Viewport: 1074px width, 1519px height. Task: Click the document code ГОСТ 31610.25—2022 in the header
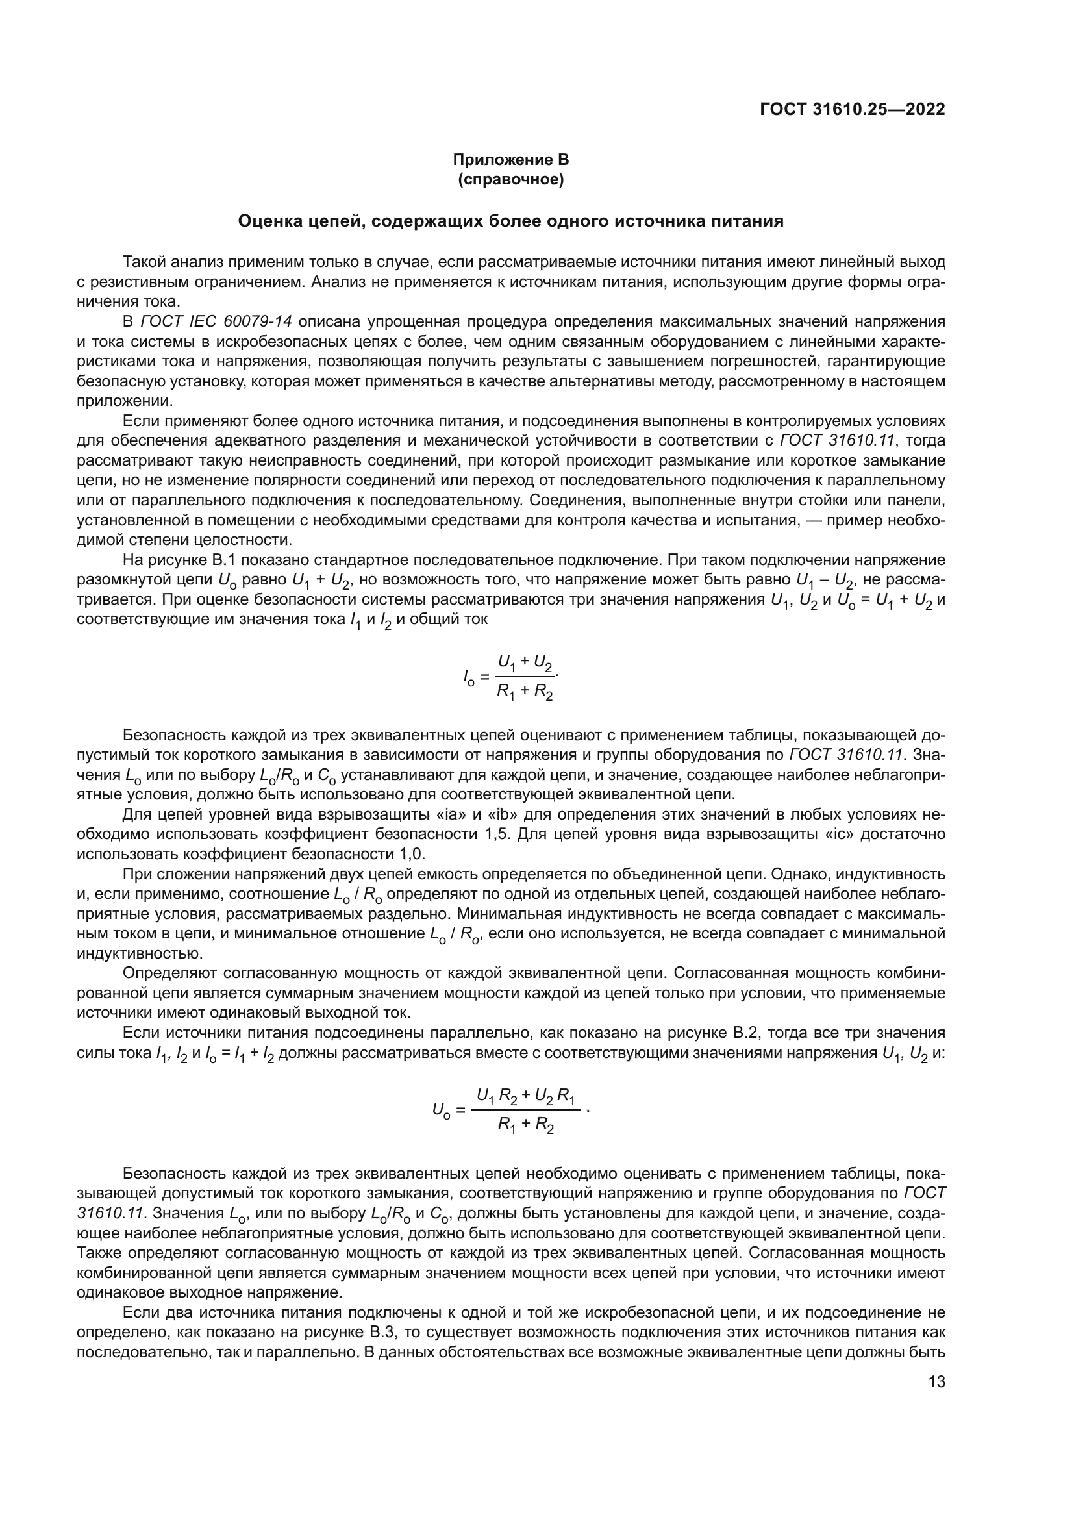(x=852, y=109)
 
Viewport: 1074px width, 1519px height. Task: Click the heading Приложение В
(x=510, y=160)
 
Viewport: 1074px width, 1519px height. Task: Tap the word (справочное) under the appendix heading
(x=510, y=179)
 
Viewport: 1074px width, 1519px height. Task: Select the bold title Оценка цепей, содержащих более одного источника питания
(x=510, y=221)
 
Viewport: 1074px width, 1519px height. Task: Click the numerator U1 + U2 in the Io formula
(x=525, y=661)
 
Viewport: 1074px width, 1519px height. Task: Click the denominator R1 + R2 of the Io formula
(x=525, y=692)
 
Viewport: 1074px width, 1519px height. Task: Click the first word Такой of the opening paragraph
(x=142, y=262)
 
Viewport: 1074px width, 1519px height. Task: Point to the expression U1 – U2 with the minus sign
(x=825, y=581)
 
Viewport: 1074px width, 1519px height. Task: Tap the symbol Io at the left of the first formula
(x=468, y=677)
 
